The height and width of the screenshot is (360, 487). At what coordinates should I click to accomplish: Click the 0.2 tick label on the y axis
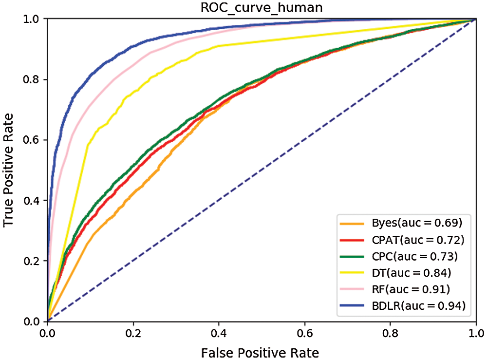[x=32, y=261]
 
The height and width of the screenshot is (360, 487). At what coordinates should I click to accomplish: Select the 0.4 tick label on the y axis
[x=32, y=201]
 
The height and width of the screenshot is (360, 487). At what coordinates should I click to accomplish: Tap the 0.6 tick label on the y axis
[x=32, y=140]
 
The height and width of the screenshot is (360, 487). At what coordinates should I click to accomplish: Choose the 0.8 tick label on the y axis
[x=32, y=79]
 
